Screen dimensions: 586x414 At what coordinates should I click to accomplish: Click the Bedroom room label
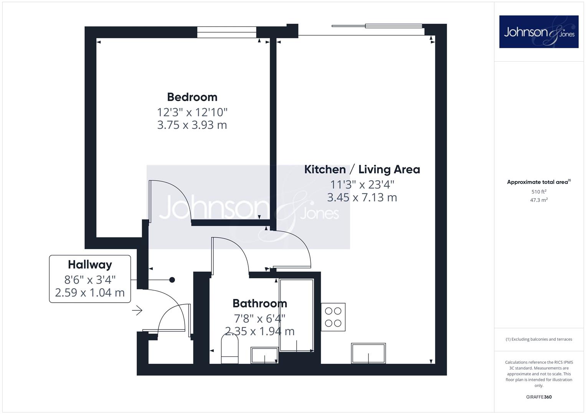192,97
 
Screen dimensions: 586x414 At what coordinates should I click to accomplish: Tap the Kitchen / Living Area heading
362,169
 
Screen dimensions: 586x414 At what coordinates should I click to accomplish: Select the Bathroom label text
260,304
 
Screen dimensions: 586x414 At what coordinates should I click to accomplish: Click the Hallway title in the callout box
90,265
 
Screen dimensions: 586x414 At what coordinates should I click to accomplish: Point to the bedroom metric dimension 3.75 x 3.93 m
192,125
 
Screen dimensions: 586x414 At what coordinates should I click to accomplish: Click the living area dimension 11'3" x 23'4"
362,184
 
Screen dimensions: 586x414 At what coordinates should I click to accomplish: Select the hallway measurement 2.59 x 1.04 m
90,292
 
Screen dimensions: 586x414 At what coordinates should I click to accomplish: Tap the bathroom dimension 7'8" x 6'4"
259,318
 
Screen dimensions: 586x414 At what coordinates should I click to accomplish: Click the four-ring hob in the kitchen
333,317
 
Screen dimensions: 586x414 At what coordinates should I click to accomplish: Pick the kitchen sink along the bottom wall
368,353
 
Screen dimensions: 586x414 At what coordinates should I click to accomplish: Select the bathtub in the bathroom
296,315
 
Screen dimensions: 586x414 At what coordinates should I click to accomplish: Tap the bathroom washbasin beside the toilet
264,355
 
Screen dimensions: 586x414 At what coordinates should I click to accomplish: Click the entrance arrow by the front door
137,310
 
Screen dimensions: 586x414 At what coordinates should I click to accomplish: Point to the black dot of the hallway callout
172,280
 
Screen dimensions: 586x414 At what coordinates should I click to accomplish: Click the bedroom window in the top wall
226,33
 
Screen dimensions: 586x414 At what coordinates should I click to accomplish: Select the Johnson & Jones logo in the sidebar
539,31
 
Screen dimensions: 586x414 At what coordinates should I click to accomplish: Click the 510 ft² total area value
539,192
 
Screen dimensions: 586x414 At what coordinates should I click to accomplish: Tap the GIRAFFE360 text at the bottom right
539,397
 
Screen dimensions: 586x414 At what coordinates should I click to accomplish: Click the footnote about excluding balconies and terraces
539,339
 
